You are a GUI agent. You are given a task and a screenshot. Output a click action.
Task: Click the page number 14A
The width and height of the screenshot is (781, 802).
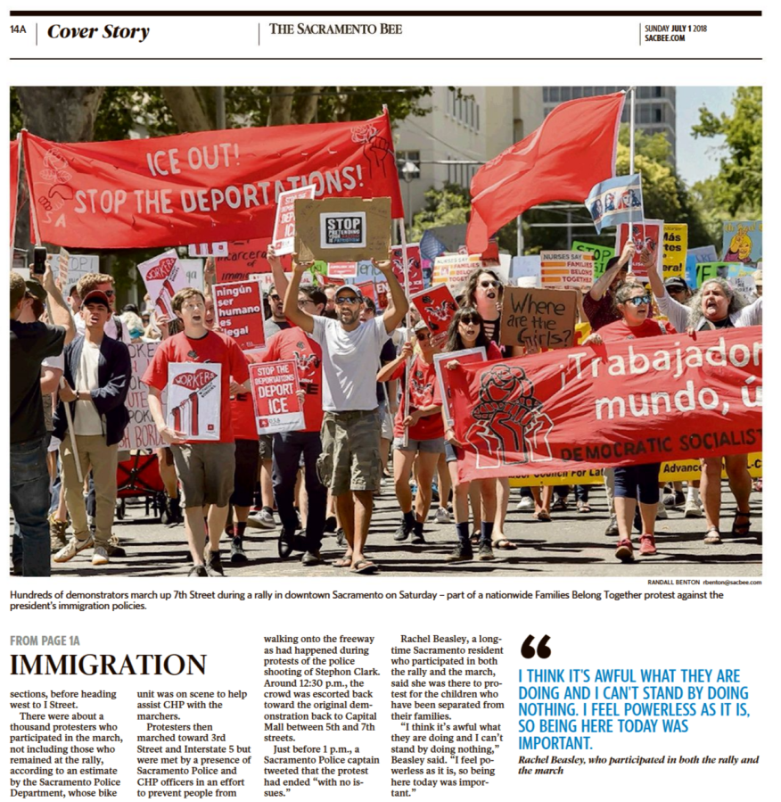click(18, 29)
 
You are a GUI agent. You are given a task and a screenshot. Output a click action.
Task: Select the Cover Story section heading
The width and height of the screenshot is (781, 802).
click(98, 32)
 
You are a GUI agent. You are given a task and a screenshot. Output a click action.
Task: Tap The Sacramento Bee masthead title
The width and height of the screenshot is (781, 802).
click(336, 29)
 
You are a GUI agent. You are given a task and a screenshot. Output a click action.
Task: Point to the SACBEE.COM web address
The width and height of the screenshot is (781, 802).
click(665, 38)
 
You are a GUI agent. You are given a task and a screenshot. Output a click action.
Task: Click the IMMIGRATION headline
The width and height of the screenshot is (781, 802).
click(108, 665)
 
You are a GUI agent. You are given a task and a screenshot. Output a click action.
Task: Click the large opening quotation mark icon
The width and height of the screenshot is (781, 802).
click(535, 646)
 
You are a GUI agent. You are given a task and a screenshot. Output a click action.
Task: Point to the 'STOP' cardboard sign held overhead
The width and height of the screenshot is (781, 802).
click(343, 229)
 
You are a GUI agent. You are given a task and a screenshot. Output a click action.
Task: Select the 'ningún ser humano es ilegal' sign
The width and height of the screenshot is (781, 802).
click(239, 312)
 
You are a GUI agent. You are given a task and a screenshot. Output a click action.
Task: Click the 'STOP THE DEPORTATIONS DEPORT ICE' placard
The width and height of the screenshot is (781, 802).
click(277, 394)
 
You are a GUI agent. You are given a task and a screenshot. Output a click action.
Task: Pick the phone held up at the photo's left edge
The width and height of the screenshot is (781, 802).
click(39, 260)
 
